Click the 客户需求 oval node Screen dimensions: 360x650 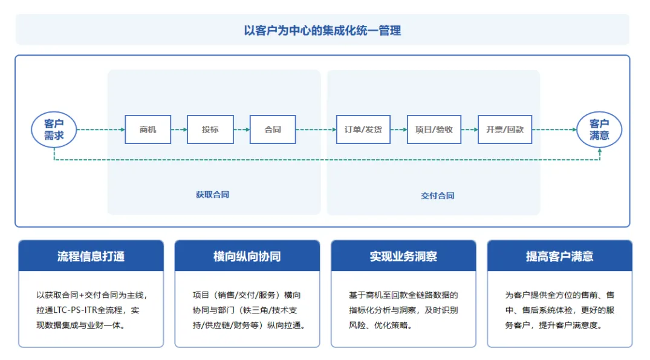[54, 129]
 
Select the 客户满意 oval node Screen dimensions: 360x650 [599, 129]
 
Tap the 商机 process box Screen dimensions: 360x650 [148, 129]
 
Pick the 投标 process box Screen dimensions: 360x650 [210, 129]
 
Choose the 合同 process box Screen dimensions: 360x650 [273, 129]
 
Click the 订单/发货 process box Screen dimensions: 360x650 [363, 129]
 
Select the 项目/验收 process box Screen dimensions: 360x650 [434, 129]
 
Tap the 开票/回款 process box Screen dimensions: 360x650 [505, 129]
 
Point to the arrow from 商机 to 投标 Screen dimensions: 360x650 [179, 129]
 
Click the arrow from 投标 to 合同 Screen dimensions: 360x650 [242, 129]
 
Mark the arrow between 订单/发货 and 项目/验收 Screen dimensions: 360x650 [398, 129]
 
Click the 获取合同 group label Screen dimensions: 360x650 [212, 195]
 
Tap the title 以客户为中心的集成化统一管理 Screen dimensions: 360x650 [322, 30]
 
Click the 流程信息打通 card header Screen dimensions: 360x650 [91, 257]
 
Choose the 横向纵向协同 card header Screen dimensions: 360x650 [247, 257]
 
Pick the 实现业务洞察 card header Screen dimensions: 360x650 [403, 257]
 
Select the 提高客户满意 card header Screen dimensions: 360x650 [559, 257]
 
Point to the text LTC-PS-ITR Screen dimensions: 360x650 [74, 310]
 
